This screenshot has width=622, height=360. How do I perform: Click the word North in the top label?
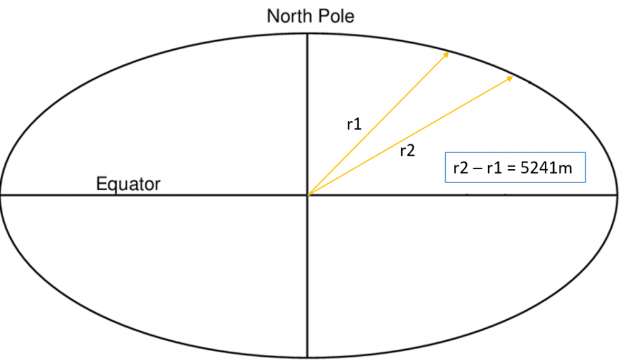[288, 16]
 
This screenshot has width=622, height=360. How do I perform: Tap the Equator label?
[128, 184]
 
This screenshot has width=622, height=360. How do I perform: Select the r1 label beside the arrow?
[354, 124]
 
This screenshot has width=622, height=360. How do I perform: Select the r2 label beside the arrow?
[408, 151]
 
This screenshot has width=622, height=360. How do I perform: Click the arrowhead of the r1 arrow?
[446, 55]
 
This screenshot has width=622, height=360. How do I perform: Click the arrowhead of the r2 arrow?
[509, 79]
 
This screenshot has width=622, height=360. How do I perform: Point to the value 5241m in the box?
[546, 168]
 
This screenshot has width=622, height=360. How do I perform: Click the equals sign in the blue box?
[512, 169]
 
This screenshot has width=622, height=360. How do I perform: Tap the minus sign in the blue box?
[478, 169]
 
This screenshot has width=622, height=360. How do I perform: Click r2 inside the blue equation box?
[461, 169]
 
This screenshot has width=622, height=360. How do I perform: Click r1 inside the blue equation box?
[494, 169]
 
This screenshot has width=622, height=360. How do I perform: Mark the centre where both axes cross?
[307, 195]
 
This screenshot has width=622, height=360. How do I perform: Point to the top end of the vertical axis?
[307, 34]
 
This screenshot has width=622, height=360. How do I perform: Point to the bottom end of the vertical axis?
[307, 357]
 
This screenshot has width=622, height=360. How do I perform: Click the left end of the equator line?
[1, 195]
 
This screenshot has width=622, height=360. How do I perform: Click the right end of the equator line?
[617, 195]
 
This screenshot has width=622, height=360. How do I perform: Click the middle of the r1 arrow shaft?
[378, 123]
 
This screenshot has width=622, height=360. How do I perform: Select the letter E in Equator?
[101, 183]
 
